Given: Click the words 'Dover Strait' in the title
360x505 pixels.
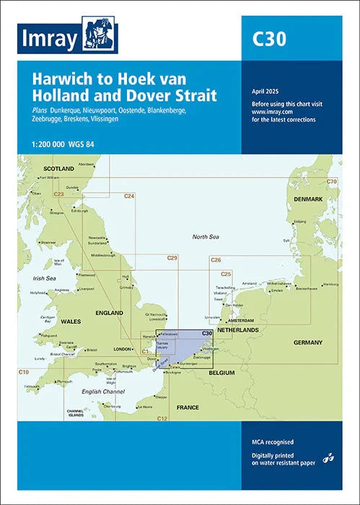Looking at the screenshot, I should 186,94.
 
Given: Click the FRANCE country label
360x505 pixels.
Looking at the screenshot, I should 187,408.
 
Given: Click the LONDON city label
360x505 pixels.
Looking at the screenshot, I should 123,349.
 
